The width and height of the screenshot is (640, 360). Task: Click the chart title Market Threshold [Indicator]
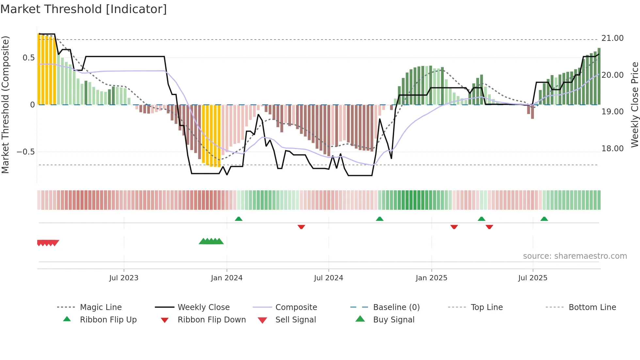tap(84, 9)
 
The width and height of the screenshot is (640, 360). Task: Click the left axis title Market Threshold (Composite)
tap(5, 105)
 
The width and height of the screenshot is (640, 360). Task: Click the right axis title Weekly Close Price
tap(634, 105)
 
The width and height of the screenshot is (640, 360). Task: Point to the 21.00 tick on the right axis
tap(612, 38)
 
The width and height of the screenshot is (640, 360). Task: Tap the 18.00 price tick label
tap(612, 149)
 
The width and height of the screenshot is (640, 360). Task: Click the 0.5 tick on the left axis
tap(28, 58)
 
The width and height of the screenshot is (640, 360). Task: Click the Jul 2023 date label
tap(124, 278)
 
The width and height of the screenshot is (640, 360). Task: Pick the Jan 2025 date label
tap(431, 278)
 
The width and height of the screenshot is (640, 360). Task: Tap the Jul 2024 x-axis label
tap(328, 278)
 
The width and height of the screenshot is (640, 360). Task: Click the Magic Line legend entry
tap(101, 307)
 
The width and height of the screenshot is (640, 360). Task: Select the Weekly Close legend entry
tap(203, 307)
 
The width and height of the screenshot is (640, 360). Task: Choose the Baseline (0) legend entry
tap(396, 307)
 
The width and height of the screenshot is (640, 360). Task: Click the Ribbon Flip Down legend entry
tap(212, 320)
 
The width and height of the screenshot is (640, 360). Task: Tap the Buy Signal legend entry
tap(393, 320)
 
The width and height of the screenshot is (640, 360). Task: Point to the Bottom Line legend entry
tap(592, 307)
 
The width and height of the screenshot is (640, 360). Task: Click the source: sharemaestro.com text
tap(575, 256)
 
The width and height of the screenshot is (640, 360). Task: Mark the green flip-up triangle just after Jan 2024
tap(239, 219)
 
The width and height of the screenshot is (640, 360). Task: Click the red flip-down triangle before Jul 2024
tap(301, 227)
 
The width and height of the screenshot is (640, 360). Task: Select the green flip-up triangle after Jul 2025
tap(544, 219)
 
